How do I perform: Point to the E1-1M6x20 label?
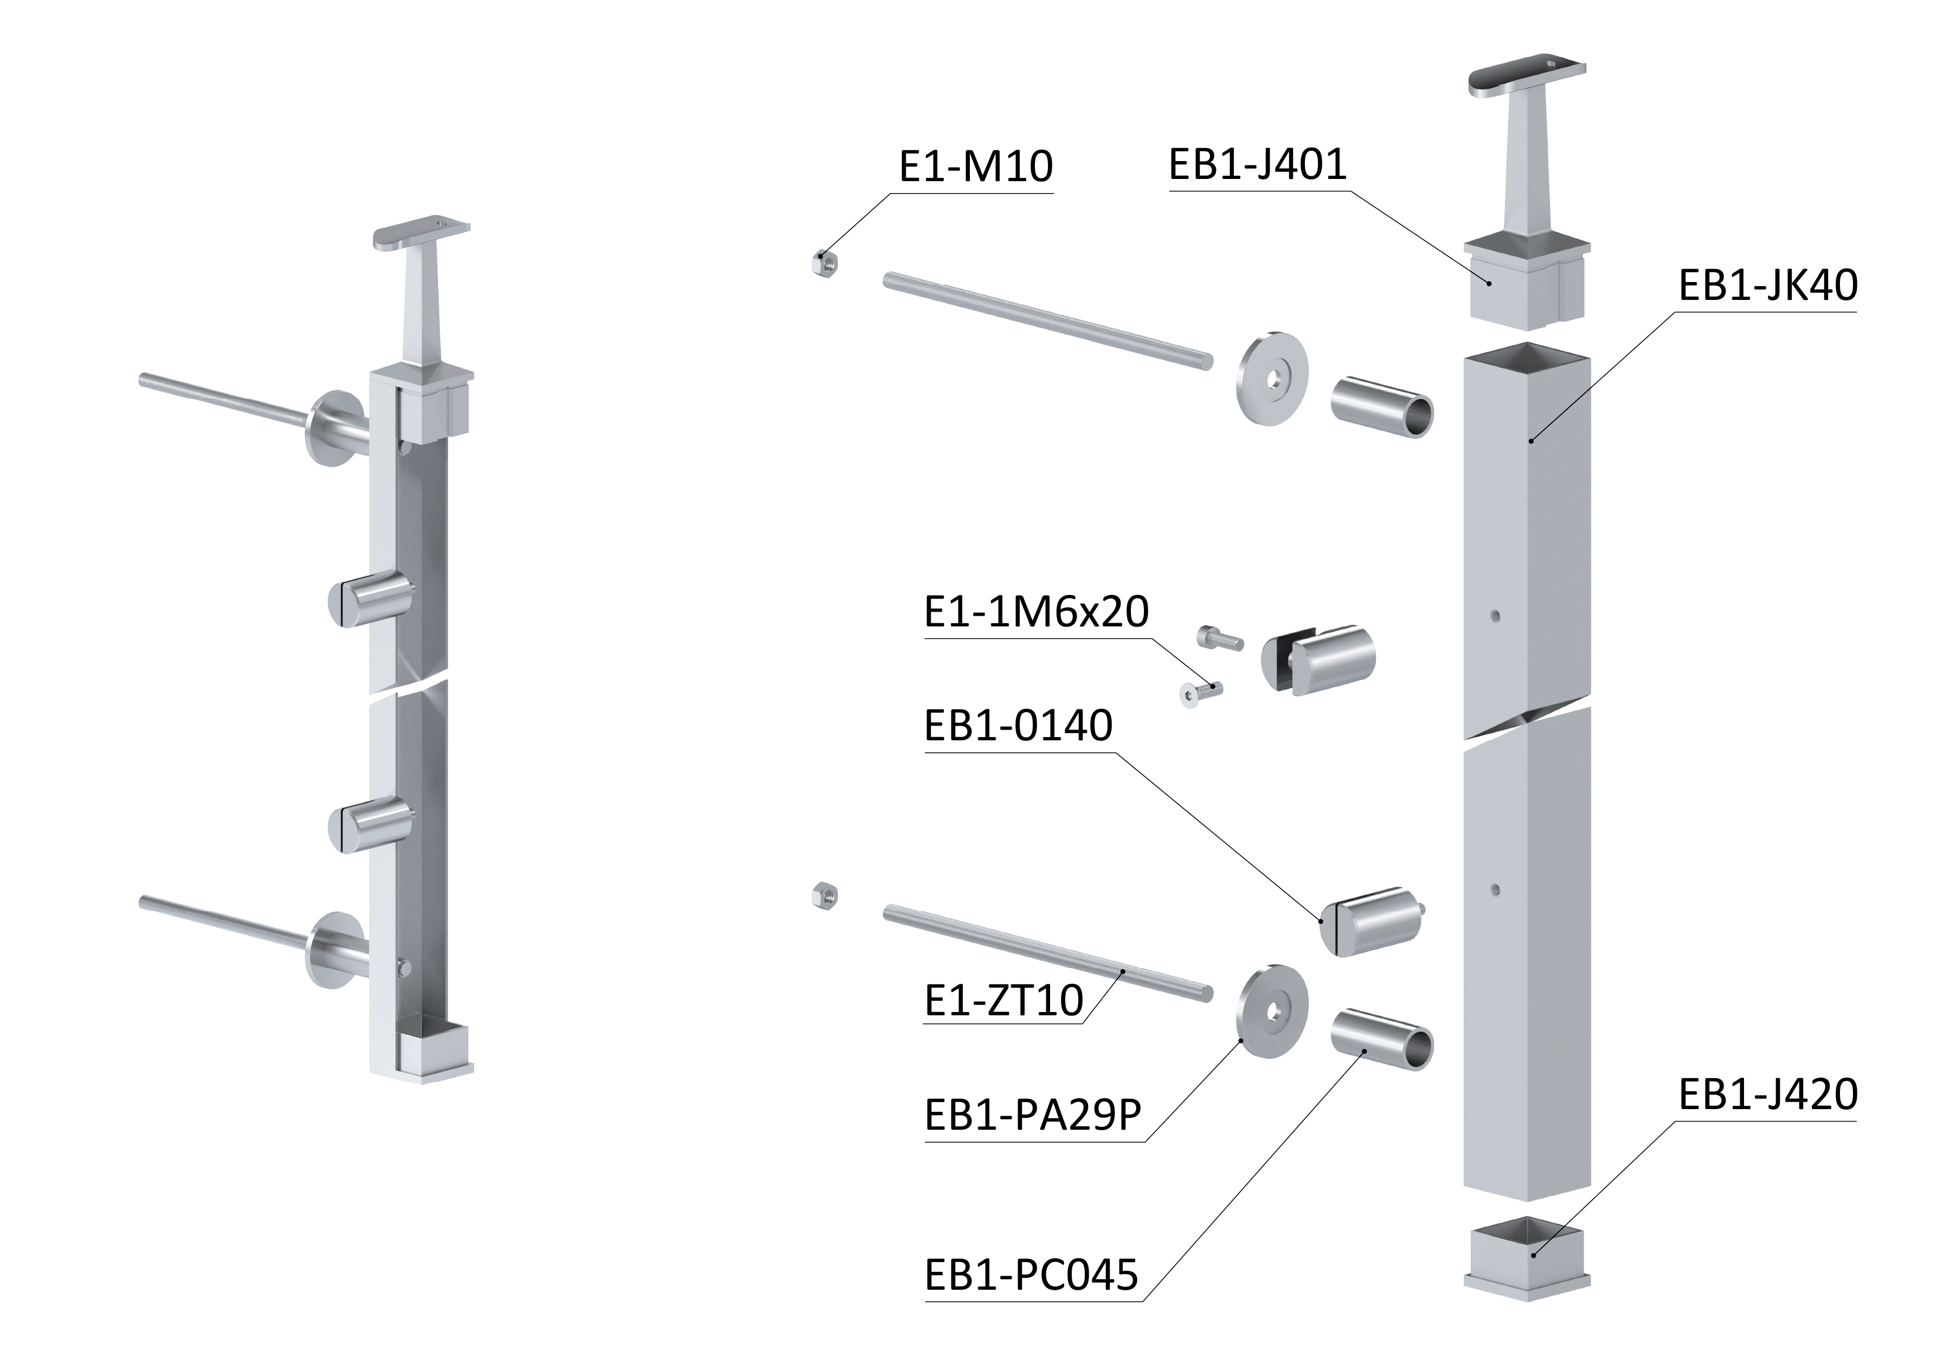tap(1036, 612)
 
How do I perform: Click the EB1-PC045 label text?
tap(1031, 1276)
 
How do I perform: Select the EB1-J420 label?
tap(1767, 1095)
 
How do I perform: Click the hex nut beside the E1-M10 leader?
tap(823, 264)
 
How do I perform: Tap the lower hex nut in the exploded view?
tap(823, 895)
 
